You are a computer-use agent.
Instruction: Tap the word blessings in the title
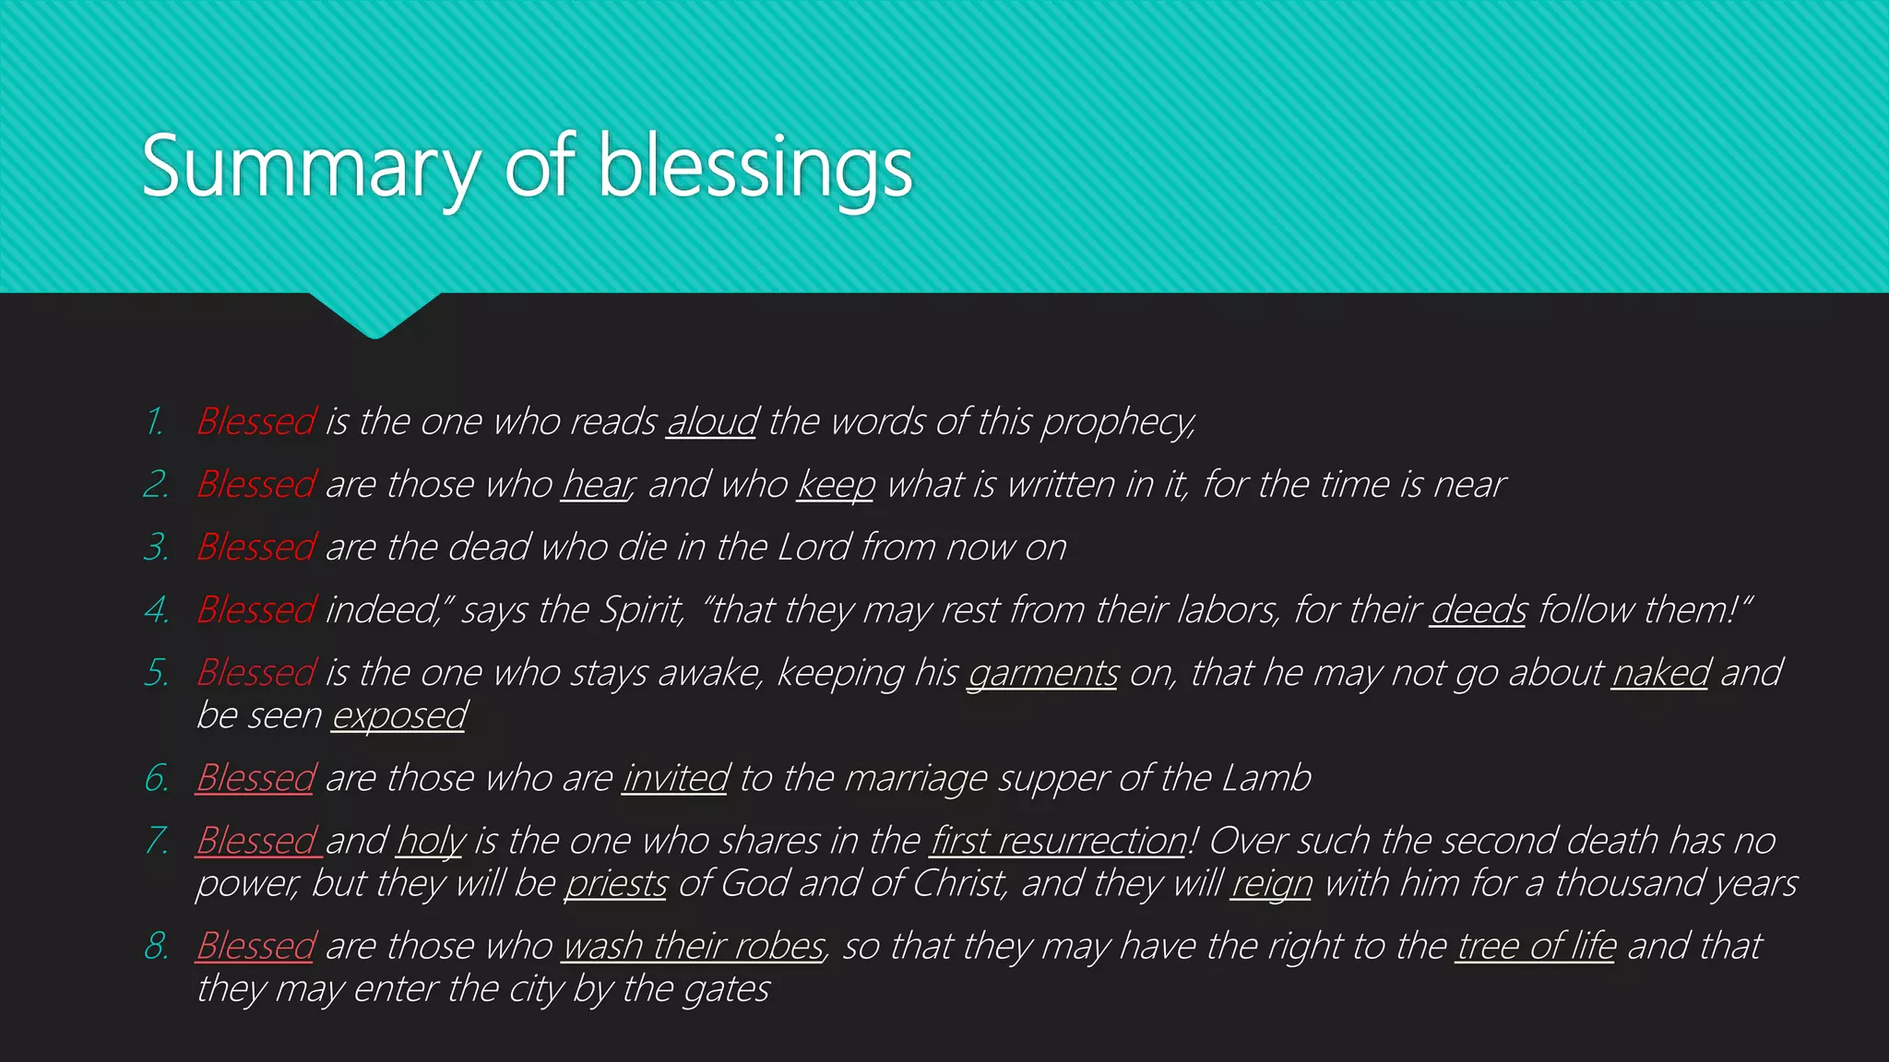755,168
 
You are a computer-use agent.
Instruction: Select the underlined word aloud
712,422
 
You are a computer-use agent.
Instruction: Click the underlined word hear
596,485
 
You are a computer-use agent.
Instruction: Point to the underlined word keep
836,485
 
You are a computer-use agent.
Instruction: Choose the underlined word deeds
1478,610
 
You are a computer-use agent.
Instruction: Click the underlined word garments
1042,673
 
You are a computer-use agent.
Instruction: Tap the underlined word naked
1660,673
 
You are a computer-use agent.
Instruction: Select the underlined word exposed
398,715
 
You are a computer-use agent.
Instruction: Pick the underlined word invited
676,778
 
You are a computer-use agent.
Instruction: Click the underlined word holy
431,841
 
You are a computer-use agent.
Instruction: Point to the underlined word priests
615,883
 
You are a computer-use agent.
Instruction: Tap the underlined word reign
1271,883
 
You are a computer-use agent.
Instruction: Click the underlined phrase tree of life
1536,946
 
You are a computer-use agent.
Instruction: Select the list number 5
156,673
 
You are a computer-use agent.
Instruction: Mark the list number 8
156,946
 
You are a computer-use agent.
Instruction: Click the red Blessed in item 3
256,548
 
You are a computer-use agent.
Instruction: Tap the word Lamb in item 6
1265,778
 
